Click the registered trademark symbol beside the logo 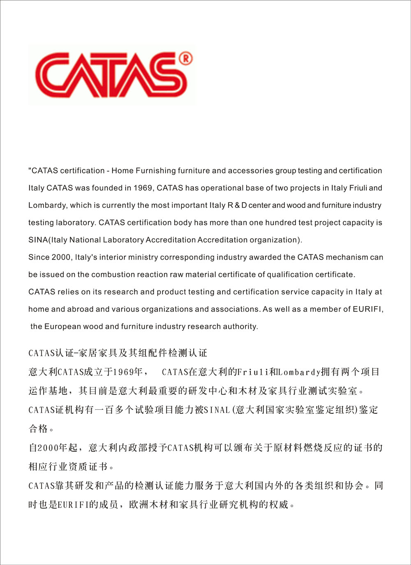(x=186, y=59)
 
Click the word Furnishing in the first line (x=156, y=171)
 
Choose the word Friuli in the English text (x=358, y=188)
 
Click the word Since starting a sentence (x=39, y=257)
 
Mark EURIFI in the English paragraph (x=368, y=309)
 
